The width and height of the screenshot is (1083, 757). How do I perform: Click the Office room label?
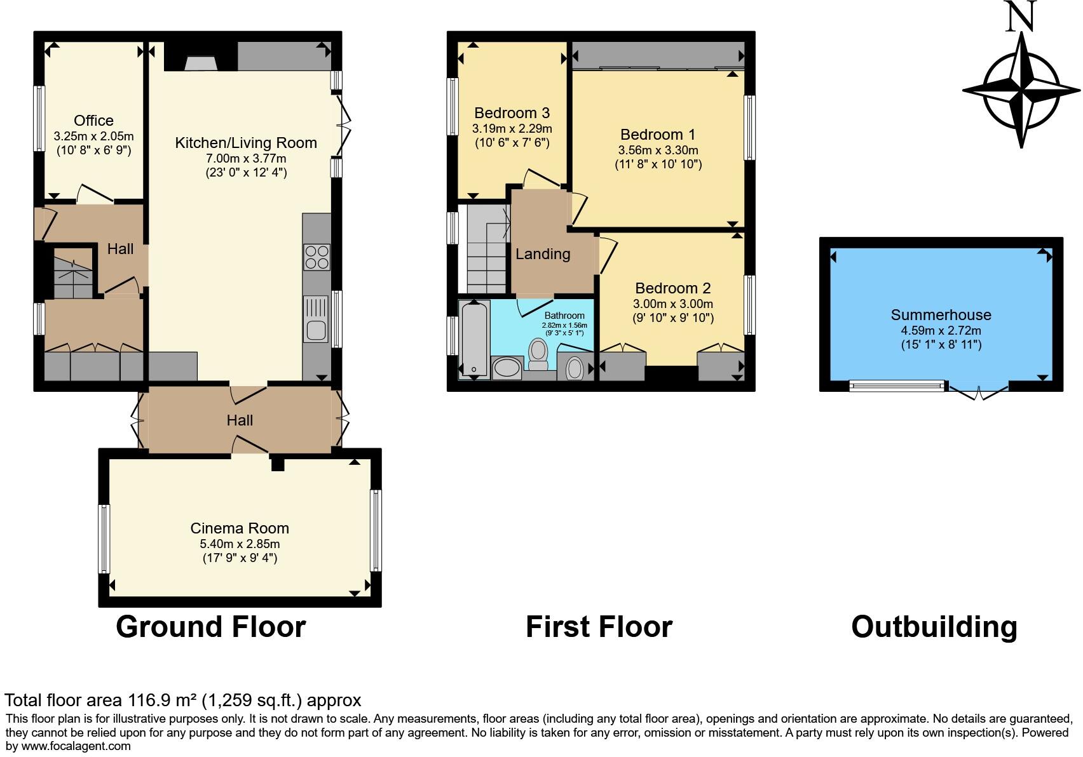[x=93, y=121]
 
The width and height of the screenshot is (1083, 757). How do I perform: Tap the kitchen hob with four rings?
[x=317, y=257]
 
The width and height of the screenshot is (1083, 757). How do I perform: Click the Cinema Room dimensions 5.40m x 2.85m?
[x=240, y=544]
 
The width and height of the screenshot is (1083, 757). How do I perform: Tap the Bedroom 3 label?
[x=512, y=113]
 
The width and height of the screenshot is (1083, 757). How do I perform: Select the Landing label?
[x=543, y=254]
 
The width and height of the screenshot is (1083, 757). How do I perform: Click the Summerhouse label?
[x=941, y=315]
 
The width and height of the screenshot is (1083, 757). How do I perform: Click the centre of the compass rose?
[x=1021, y=90]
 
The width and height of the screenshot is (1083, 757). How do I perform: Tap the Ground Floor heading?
[x=210, y=627]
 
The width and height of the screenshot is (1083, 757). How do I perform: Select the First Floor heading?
[x=599, y=627]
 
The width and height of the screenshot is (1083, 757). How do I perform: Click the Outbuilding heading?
[x=934, y=627]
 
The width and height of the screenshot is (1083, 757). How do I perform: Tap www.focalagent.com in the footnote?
[x=76, y=746]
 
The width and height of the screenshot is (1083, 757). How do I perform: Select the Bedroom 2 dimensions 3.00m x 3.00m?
[x=672, y=304]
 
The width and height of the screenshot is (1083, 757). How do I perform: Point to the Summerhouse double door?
[x=977, y=392]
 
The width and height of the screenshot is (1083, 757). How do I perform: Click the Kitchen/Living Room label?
[x=246, y=143]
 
